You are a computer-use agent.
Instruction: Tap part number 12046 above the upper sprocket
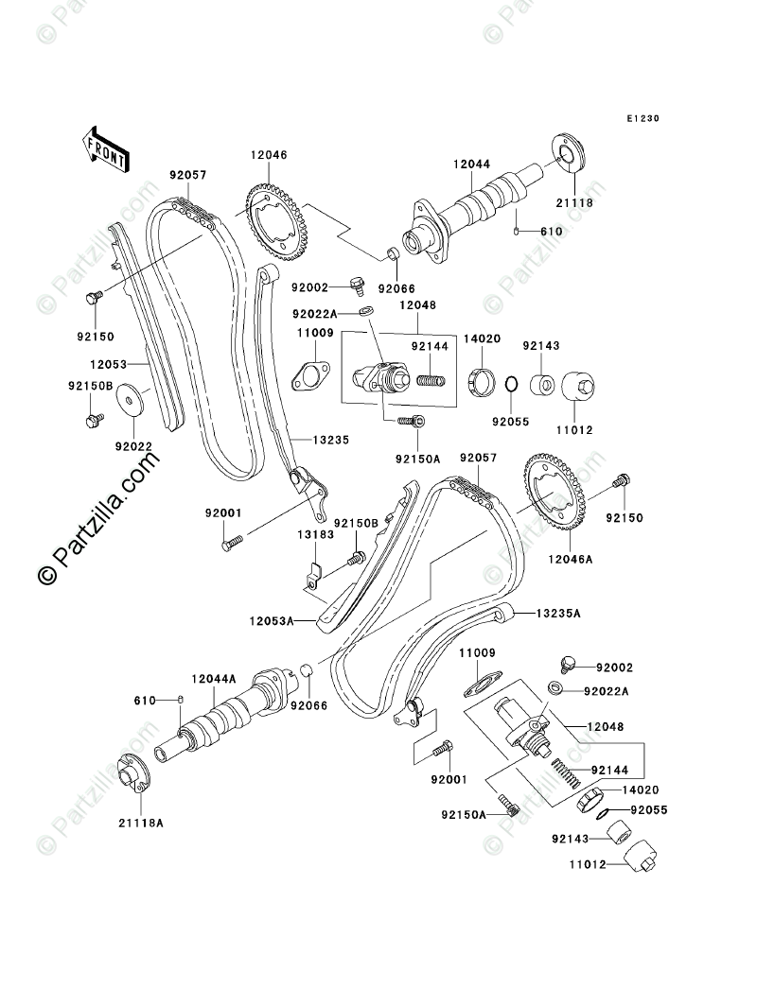[269, 155]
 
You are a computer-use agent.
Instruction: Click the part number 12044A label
[214, 678]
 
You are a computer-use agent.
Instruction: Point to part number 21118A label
[141, 823]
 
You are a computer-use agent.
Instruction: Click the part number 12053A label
[273, 620]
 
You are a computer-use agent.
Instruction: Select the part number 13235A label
[558, 614]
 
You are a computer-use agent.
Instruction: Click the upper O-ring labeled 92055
[508, 385]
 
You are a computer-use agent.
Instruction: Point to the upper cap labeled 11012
[576, 389]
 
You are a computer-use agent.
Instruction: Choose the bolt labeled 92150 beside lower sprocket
[623, 482]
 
